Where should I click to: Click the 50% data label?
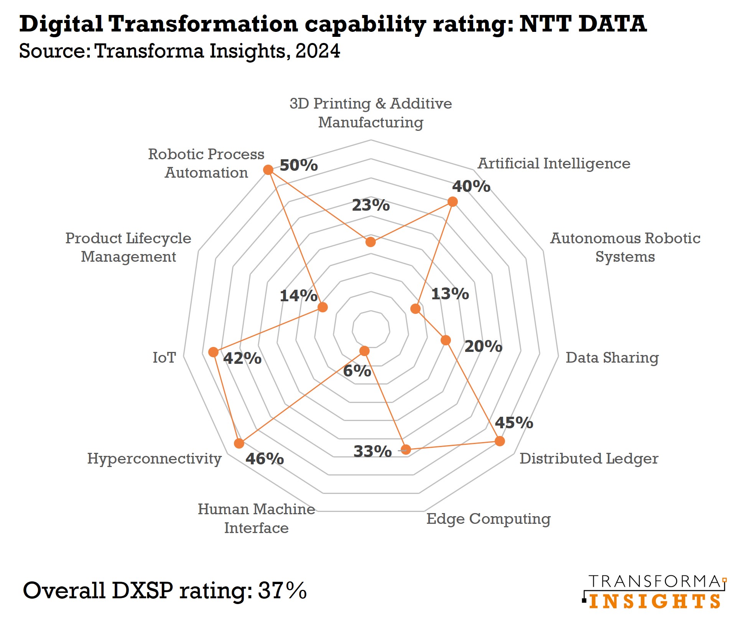click(x=298, y=165)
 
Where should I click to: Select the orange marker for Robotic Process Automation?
click(x=268, y=170)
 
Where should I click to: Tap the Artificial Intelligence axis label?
click(x=553, y=163)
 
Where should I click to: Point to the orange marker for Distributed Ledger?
click(x=499, y=441)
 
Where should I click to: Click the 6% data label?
click(x=357, y=371)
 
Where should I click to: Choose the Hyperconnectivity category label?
click(x=154, y=459)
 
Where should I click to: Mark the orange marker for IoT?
click(x=213, y=352)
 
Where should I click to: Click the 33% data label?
click(x=372, y=451)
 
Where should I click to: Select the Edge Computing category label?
click(x=488, y=519)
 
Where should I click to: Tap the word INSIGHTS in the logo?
click(x=655, y=601)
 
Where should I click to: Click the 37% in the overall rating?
click(x=282, y=590)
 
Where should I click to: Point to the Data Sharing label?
click(x=612, y=358)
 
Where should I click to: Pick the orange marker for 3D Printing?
click(x=370, y=242)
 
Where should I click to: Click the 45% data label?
click(x=513, y=423)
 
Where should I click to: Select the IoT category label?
click(x=164, y=358)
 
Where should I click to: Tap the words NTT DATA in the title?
click(x=583, y=24)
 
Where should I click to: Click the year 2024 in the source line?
click(x=318, y=51)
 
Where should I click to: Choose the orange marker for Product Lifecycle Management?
click(x=322, y=307)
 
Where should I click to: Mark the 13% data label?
click(x=450, y=294)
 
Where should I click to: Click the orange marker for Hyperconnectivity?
click(x=239, y=443)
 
